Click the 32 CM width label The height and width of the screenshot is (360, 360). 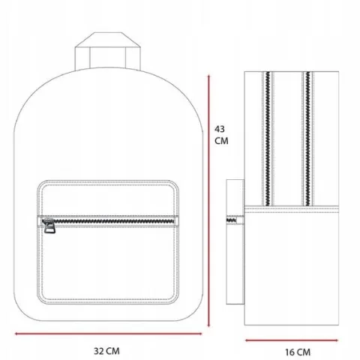point(106,351)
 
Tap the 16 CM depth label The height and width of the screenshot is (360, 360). point(298,352)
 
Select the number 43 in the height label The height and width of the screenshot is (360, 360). point(220,129)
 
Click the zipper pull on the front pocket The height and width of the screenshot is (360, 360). point(49,226)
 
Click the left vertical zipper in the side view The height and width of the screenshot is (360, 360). point(268,139)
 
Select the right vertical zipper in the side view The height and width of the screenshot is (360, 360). point(307,139)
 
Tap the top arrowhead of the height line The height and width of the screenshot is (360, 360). point(208,76)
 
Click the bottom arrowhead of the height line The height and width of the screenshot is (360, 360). point(208,325)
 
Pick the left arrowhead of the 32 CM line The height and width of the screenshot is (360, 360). point(16,334)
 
